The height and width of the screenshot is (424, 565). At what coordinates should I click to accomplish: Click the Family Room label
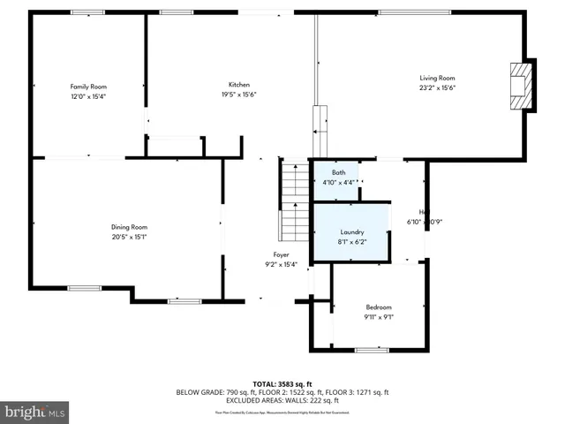[x=88, y=87]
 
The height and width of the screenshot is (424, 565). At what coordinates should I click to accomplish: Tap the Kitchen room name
[x=237, y=85]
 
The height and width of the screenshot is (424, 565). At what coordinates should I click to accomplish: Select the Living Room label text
[x=436, y=79]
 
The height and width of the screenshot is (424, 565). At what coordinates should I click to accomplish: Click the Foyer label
[x=281, y=254]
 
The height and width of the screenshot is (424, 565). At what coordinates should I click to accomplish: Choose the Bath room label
[x=338, y=172]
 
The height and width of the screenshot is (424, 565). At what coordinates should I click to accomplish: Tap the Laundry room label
[x=351, y=231]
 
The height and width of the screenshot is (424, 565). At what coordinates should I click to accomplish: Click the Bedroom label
[x=379, y=307]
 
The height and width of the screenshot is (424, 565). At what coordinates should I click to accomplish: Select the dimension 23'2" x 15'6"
[x=436, y=88]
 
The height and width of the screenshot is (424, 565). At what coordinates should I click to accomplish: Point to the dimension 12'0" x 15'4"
[x=88, y=95]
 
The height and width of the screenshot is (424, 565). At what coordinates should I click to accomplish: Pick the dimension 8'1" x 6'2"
[x=351, y=241]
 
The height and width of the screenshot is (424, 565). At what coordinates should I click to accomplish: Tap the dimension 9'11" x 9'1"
[x=379, y=316]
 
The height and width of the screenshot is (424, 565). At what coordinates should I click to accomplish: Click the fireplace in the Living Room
[x=524, y=85]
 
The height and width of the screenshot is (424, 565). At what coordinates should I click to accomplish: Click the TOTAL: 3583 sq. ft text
[x=282, y=383]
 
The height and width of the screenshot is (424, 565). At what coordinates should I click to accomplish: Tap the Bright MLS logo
[x=35, y=412]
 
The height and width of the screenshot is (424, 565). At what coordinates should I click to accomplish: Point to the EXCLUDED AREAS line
[x=282, y=400]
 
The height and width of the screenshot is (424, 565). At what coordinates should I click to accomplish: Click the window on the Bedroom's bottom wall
[x=372, y=351]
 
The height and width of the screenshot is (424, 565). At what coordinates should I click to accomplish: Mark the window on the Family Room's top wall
[x=87, y=12]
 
